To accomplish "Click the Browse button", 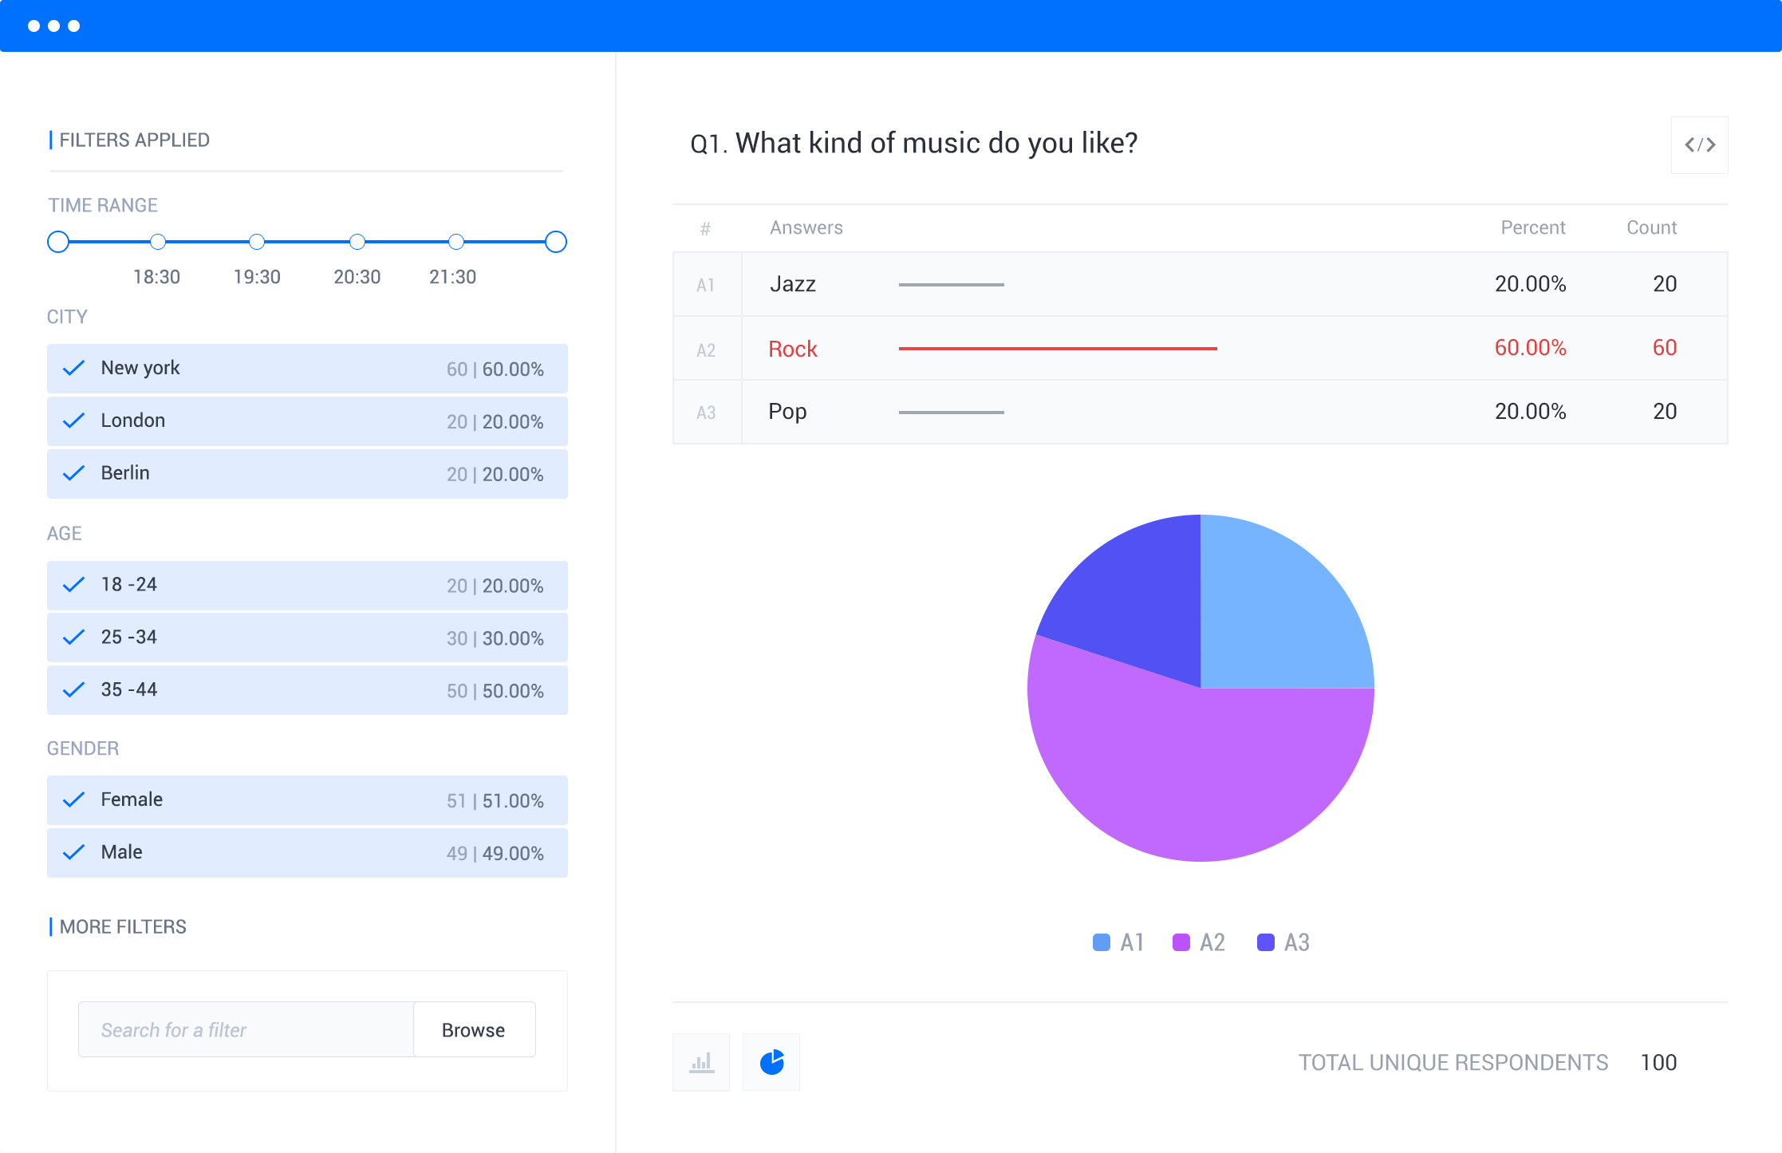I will [474, 1029].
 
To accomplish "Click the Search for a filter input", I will [246, 1029].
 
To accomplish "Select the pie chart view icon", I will [771, 1062].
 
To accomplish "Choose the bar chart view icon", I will [701, 1062].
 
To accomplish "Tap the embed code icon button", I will [1699, 145].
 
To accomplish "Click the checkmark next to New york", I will [73, 368].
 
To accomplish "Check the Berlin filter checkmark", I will [73, 473].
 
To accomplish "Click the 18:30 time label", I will [156, 277].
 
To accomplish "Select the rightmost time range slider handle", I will [556, 242].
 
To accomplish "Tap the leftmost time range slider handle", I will [58, 242].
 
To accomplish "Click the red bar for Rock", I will [1057, 349].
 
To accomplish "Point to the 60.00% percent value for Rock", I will [1530, 348].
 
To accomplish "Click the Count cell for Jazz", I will [1664, 284].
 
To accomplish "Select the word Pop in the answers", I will [787, 412].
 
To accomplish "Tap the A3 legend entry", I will [1283, 942].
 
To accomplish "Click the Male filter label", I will [121, 852].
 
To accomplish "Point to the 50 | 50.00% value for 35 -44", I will [495, 691].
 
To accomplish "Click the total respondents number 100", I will [1658, 1063].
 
